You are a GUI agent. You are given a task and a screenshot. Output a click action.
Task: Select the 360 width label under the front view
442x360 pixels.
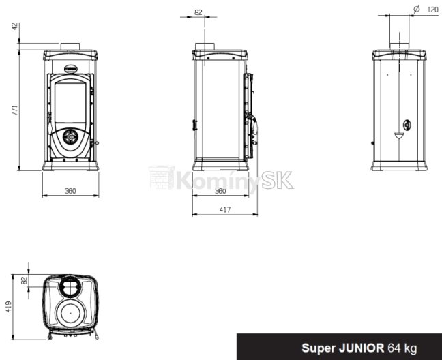[70, 191]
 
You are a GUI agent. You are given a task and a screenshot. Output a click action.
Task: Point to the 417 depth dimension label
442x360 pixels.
[225, 210]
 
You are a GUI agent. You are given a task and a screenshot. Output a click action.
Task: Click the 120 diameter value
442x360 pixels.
[432, 10]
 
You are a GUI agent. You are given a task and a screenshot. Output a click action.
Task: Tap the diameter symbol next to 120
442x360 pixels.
[415, 10]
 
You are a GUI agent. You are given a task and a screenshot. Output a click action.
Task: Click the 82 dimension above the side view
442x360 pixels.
[198, 12]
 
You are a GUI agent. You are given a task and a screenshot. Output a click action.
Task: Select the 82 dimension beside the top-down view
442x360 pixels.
[25, 280]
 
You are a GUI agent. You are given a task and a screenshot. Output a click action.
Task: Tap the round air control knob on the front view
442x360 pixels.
[70, 136]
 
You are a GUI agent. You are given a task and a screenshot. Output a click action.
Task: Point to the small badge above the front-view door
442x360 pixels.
[70, 67]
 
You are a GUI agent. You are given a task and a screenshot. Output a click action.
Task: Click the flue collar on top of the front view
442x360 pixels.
[70, 47]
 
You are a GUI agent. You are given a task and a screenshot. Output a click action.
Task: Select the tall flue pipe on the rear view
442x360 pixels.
[400, 31]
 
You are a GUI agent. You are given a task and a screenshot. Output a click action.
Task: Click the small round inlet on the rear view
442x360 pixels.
[407, 125]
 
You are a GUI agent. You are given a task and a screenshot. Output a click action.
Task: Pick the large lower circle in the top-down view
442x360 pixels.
[70, 314]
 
